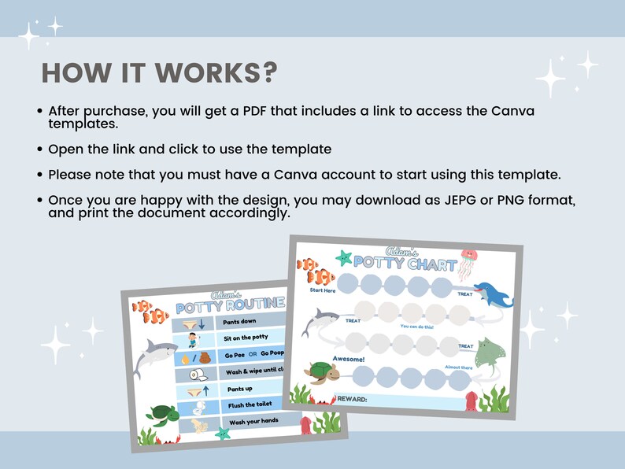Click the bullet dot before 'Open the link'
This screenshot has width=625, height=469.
point(39,149)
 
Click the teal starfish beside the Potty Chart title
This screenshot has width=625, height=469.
point(343,257)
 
